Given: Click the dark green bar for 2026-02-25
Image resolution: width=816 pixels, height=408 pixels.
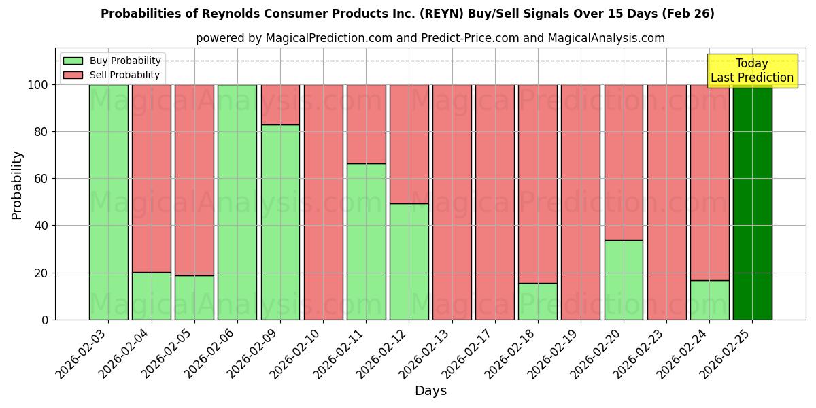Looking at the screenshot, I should pos(752,202).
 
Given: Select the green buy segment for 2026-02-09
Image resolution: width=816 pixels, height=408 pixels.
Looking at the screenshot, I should pos(280,222).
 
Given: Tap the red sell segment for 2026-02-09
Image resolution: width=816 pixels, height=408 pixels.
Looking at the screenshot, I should pos(280,105).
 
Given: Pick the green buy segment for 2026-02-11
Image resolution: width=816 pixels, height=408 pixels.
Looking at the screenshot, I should pos(366,241).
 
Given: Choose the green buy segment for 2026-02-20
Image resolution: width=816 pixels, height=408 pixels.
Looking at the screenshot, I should pos(624,279).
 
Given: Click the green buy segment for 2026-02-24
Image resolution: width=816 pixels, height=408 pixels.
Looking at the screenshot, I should pos(709,300).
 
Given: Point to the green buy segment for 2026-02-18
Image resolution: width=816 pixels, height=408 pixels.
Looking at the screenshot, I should pos(537,301).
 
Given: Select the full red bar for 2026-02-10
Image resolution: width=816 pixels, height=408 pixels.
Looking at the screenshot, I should pos(323,202).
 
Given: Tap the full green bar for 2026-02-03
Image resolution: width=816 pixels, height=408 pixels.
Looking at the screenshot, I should pos(108,202).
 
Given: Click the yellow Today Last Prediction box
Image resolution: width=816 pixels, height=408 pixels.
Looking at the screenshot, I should pos(751,71).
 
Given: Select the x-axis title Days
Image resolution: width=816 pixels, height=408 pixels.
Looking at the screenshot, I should pos(430,391).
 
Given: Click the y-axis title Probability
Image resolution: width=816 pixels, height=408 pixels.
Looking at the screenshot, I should pos(17,185).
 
